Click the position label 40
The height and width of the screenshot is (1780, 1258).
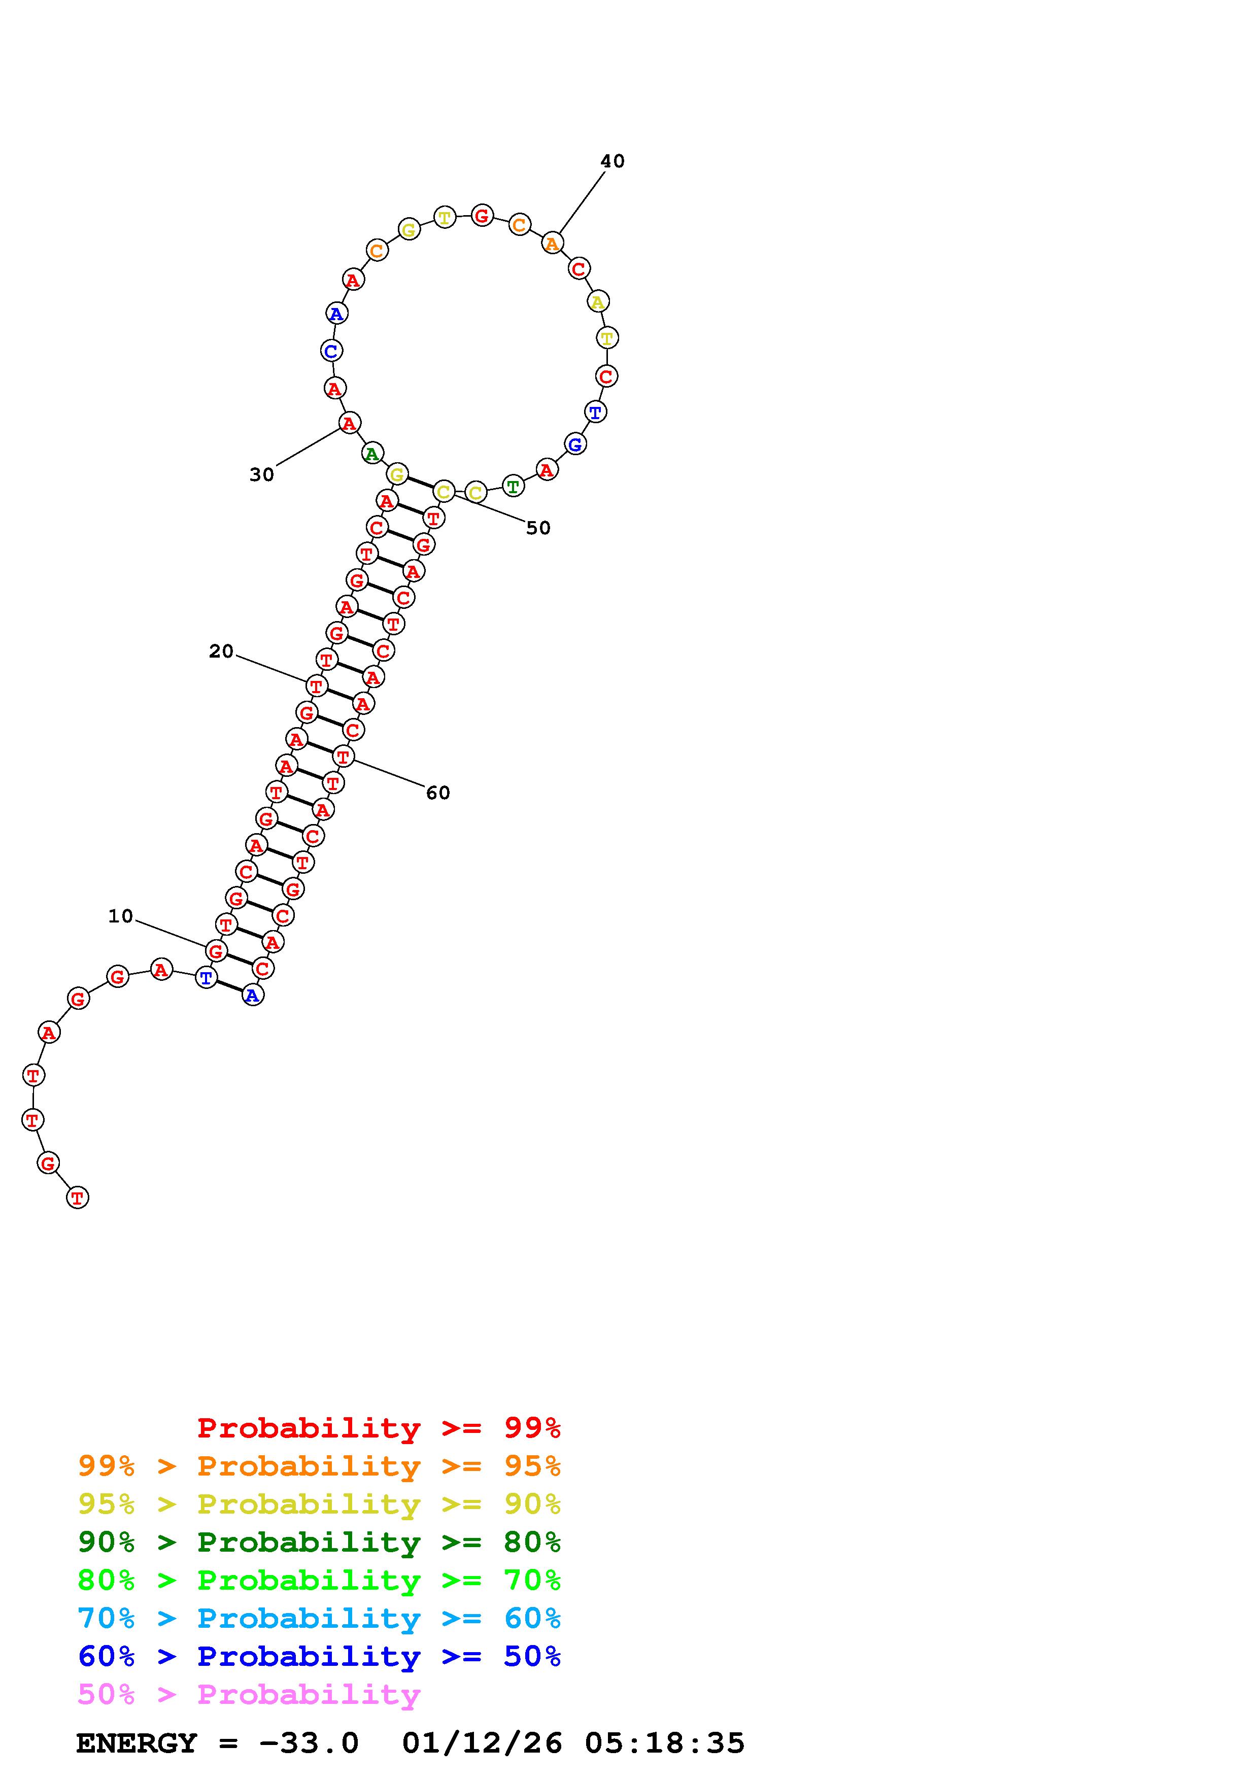[x=613, y=161]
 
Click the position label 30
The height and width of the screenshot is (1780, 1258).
[x=262, y=474]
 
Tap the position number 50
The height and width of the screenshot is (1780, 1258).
[x=538, y=528]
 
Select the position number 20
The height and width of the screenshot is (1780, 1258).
[x=221, y=651]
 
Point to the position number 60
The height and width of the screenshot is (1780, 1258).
[x=438, y=792]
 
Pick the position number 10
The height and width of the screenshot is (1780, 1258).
[x=120, y=916]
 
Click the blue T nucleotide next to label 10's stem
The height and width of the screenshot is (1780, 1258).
[x=206, y=978]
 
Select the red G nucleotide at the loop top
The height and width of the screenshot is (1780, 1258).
[x=482, y=216]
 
